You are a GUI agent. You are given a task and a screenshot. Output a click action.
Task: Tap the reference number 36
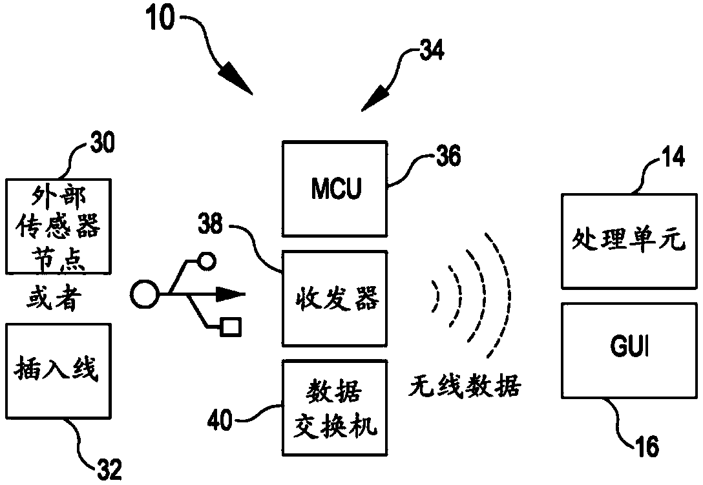448,156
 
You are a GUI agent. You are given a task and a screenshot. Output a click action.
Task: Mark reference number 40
220,420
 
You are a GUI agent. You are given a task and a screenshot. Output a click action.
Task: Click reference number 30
102,143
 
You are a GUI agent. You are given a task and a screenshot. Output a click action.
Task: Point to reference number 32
109,470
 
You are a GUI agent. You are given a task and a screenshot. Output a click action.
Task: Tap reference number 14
673,157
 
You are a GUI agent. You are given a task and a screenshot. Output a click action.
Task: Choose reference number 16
647,446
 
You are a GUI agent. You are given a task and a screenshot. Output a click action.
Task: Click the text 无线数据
465,386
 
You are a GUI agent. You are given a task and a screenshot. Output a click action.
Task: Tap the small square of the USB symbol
231,327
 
